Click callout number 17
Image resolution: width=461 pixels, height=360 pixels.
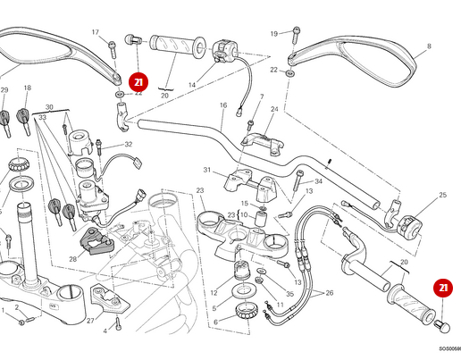96,32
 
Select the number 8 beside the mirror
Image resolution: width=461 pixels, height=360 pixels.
429,46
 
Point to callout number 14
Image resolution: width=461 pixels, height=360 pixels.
191,85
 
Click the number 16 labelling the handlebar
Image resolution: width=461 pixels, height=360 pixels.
223,105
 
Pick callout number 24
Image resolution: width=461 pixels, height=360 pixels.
274,110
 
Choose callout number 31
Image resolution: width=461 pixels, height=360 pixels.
206,170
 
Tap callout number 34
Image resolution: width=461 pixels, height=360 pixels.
318,182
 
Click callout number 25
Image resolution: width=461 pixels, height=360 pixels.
441,195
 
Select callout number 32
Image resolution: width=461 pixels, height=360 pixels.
129,144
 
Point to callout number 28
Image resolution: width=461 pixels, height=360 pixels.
73,258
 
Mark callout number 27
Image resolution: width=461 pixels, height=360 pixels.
89,321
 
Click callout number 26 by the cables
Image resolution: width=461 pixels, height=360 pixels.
329,293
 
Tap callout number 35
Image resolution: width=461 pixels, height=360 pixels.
289,293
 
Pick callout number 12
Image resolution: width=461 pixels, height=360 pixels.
214,293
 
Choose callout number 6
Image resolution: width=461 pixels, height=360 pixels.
214,322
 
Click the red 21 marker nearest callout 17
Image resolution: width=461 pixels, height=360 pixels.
138,82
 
